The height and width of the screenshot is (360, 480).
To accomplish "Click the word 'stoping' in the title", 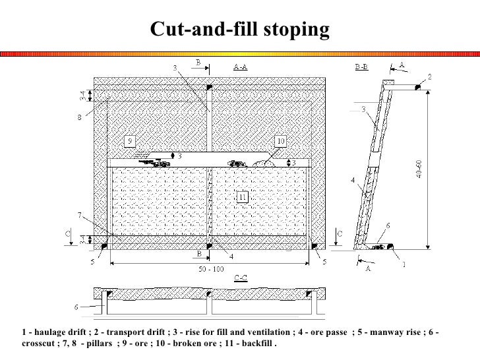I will pyautogui.click(x=294, y=30).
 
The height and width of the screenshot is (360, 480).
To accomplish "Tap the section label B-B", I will pyautogui.click(x=361, y=67).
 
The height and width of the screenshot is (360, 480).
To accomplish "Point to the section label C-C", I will pyautogui.click(x=242, y=278).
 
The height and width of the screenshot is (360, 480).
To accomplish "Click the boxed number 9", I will pyautogui.click(x=131, y=141).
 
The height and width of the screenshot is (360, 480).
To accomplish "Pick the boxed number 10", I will pyautogui.click(x=280, y=141).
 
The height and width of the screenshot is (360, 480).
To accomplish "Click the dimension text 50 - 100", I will pyautogui.click(x=210, y=270).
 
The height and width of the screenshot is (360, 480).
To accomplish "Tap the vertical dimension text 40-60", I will pyautogui.click(x=436, y=168).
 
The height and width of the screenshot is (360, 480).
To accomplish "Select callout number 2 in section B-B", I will pyautogui.click(x=430, y=77).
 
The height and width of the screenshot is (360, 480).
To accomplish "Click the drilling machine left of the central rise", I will pyautogui.click(x=150, y=159).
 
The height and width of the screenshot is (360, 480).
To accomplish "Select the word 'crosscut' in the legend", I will pyautogui.click(x=39, y=344).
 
